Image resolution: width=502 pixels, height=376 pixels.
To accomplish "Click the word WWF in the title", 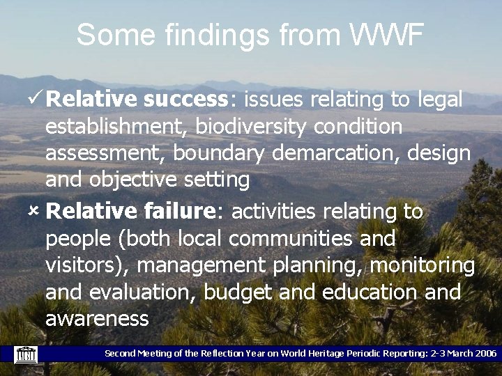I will pos(386,35).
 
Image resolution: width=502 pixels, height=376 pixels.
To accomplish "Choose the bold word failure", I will pos(182,211).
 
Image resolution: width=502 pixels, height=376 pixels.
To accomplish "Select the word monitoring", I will pos(423,265).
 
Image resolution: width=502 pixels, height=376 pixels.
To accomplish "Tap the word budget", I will pos(238,292).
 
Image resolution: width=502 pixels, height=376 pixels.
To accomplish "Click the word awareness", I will pos(97,319).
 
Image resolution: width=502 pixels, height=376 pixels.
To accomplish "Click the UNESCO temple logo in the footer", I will pos(26,354).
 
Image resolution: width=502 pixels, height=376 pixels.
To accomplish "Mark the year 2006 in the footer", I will pos(485,354).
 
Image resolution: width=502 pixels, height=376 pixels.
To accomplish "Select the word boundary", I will pos(220,153).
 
